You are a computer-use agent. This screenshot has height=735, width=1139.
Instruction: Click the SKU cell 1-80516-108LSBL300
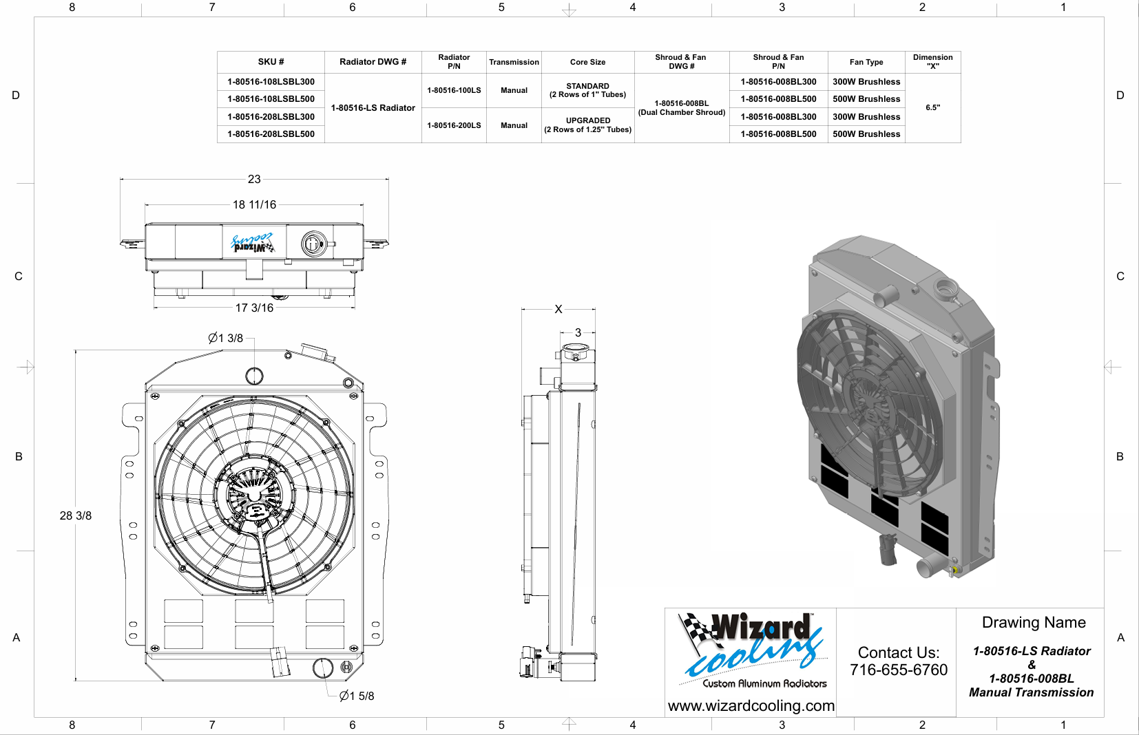pyautogui.click(x=271, y=82)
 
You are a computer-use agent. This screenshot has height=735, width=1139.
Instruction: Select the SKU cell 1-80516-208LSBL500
pyautogui.click(x=271, y=134)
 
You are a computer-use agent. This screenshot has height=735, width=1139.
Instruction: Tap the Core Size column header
pyautogui.click(x=588, y=62)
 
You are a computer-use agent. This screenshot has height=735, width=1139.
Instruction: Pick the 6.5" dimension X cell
pyautogui.click(x=933, y=108)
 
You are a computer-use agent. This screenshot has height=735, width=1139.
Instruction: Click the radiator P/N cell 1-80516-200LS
pyautogui.click(x=454, y=125)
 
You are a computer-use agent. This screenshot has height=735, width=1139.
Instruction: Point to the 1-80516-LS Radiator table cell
pyautogui.click(x=373, y=108)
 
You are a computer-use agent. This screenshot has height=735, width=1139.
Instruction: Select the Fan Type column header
pyautogui.click(x=866, y=62)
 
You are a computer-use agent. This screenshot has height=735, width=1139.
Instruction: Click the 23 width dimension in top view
pyautogui.click(x=254, y=179)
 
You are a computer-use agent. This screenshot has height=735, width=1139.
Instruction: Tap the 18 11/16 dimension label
pyautogui.click(x=254, y=204)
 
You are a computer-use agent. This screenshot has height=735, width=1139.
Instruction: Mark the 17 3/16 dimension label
pyautogui.click(x=254, y=308)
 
